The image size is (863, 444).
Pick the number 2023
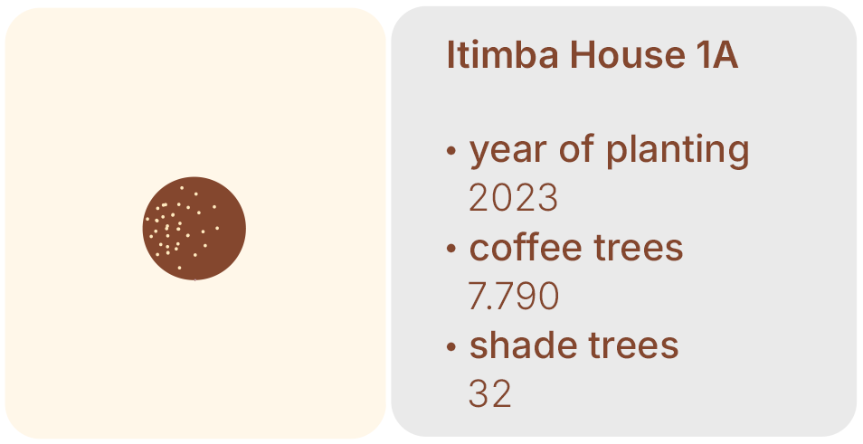[x=513, y=197]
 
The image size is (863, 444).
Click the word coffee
[x=526, y=247]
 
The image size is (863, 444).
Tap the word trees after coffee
[x=639, y=248]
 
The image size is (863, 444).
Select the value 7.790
[x=513, y=296]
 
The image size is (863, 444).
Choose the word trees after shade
[x=634, y=346]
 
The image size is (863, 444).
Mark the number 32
[x=489, y=394]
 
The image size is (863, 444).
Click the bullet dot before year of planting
[x=451, y=150]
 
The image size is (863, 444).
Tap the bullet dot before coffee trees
[x=451, y=248]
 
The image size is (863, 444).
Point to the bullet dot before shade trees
[x=451, y=346]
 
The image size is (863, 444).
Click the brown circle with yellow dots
[x=194, y=228]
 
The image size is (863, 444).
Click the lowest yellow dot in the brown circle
[x=179, y=268]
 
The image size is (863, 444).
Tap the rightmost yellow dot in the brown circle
[x=217, y=228]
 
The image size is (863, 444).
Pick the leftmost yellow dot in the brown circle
[x=147, y=219]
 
